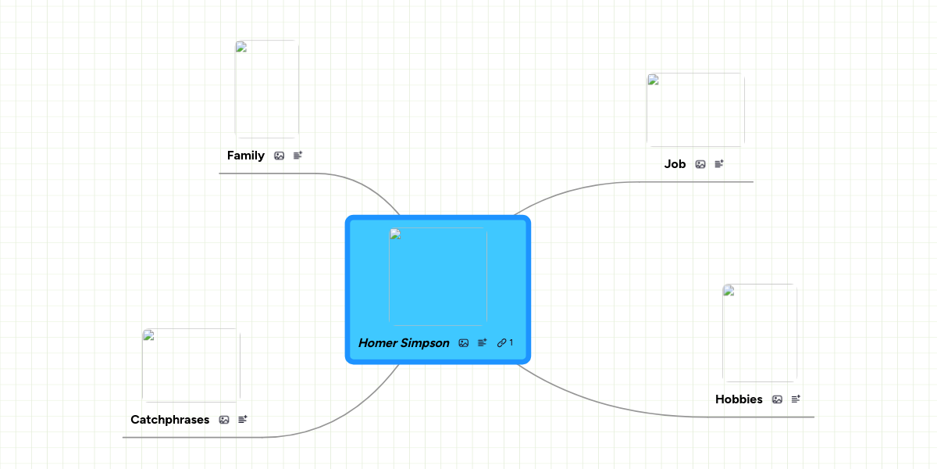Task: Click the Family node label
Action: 245,156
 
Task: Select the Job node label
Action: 675,164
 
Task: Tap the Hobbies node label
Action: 739,399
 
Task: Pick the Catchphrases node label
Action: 169,420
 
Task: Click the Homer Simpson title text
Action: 404,343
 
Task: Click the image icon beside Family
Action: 280,156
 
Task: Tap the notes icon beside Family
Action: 297,156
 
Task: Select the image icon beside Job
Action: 700,164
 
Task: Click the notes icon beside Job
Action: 719,164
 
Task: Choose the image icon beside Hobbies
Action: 777,399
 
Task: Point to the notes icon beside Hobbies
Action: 796,399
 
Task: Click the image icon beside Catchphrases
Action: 224,420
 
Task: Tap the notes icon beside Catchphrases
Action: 243,420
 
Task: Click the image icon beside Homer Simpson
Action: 464,343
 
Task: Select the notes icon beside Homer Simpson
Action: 483,343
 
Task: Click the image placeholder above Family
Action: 267,89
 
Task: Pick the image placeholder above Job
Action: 696,109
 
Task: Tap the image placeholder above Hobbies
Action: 760,333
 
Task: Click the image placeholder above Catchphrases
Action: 191,366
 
